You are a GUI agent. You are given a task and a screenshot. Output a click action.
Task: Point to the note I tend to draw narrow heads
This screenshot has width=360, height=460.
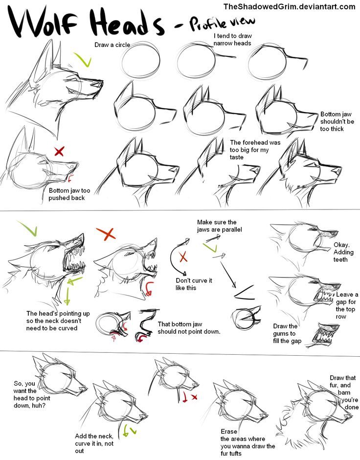tap(232, 40)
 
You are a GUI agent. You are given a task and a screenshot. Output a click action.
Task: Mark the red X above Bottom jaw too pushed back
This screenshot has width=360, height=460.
tap(59, 151)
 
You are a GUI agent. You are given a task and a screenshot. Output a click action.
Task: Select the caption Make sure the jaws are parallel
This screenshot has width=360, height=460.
tap(220, 226)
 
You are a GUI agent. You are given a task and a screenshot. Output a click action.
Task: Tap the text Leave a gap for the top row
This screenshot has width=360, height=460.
tap(347, 306)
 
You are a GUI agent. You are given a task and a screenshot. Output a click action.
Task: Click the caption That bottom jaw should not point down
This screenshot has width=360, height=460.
tap(189, 327)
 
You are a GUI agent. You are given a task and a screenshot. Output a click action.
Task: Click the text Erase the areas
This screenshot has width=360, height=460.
tap(247, 442)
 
